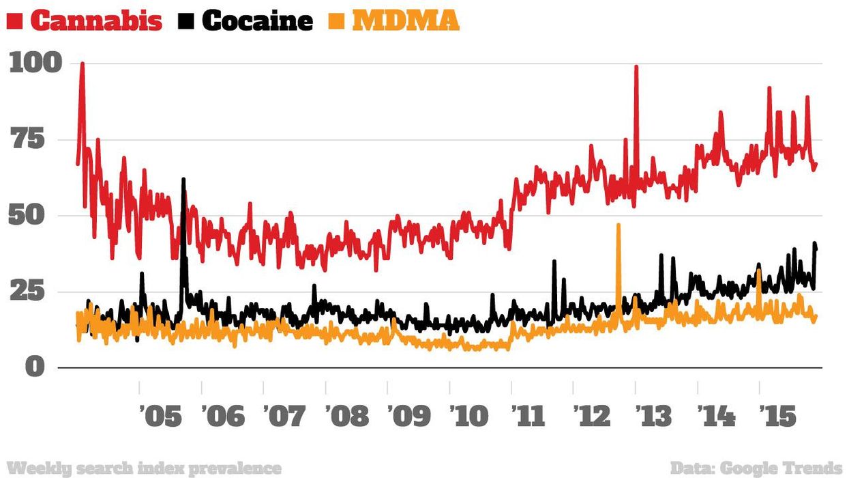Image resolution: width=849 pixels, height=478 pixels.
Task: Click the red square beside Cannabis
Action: click(x=15, y=22)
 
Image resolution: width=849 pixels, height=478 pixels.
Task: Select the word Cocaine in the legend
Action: click(x=257, y=20)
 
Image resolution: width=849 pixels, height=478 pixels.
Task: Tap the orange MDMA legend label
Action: click(x=406, y=20)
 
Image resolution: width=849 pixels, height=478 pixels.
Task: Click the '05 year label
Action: click(x=160, y=414)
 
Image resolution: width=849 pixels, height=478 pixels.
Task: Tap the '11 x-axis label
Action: click(x=532, y=414)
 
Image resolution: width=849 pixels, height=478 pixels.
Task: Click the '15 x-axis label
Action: click(x=779, y=414)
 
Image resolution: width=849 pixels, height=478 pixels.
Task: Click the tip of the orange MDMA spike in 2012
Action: click(x=619, y=225)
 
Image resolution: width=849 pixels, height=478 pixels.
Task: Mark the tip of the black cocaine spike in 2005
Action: click(x=183, y=179)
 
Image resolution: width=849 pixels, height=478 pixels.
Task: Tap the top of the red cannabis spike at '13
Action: click(x=636, y=67)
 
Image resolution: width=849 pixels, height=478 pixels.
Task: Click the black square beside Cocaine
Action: click(x=189, y=22)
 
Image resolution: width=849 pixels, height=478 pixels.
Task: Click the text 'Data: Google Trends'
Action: click(x=756, y=468)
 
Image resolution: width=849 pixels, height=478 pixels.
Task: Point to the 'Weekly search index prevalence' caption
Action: click(x=147, y=468)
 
